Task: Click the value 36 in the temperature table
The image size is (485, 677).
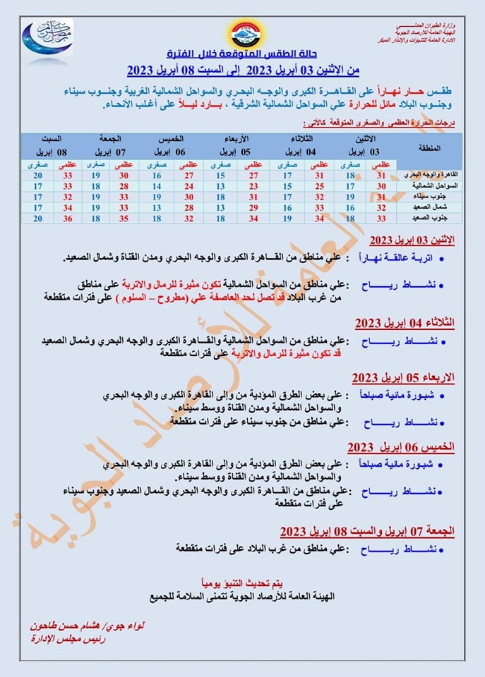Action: pos(68,219)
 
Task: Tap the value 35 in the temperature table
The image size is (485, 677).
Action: pos(124,219)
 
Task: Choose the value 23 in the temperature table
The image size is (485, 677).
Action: pos(253,185)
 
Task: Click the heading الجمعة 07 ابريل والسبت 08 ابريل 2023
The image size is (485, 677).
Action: pos(367,530)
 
